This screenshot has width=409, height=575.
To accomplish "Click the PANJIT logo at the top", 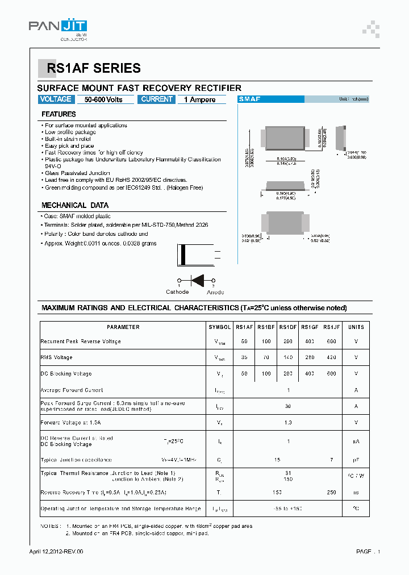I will click(58, 28).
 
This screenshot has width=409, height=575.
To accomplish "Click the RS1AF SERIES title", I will click(94, 69).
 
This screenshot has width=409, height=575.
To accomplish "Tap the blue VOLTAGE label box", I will click(56, 99).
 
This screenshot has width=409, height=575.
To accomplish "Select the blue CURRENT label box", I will click(157, 99).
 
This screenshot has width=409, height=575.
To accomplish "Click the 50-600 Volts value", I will click(103, 100).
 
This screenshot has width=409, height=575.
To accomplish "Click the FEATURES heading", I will click(59, 114).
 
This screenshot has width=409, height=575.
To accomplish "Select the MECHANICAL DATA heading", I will click(75, 205).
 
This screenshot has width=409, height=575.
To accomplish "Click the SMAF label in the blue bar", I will click(249, 99).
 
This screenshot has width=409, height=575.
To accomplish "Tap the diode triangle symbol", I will click(197, 280).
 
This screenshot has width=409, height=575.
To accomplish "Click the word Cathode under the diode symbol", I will click(177, 292).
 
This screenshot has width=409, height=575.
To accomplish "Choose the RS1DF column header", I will click(288, 327).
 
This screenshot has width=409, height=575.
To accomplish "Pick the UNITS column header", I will click(356, 327).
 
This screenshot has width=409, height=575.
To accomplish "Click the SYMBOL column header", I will click(220, 327).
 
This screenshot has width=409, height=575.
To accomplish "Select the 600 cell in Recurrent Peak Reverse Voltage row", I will click(331, 341).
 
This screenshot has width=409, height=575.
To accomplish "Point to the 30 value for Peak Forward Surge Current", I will click(288, 406).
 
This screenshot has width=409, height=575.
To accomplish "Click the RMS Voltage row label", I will click(57, 357).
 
